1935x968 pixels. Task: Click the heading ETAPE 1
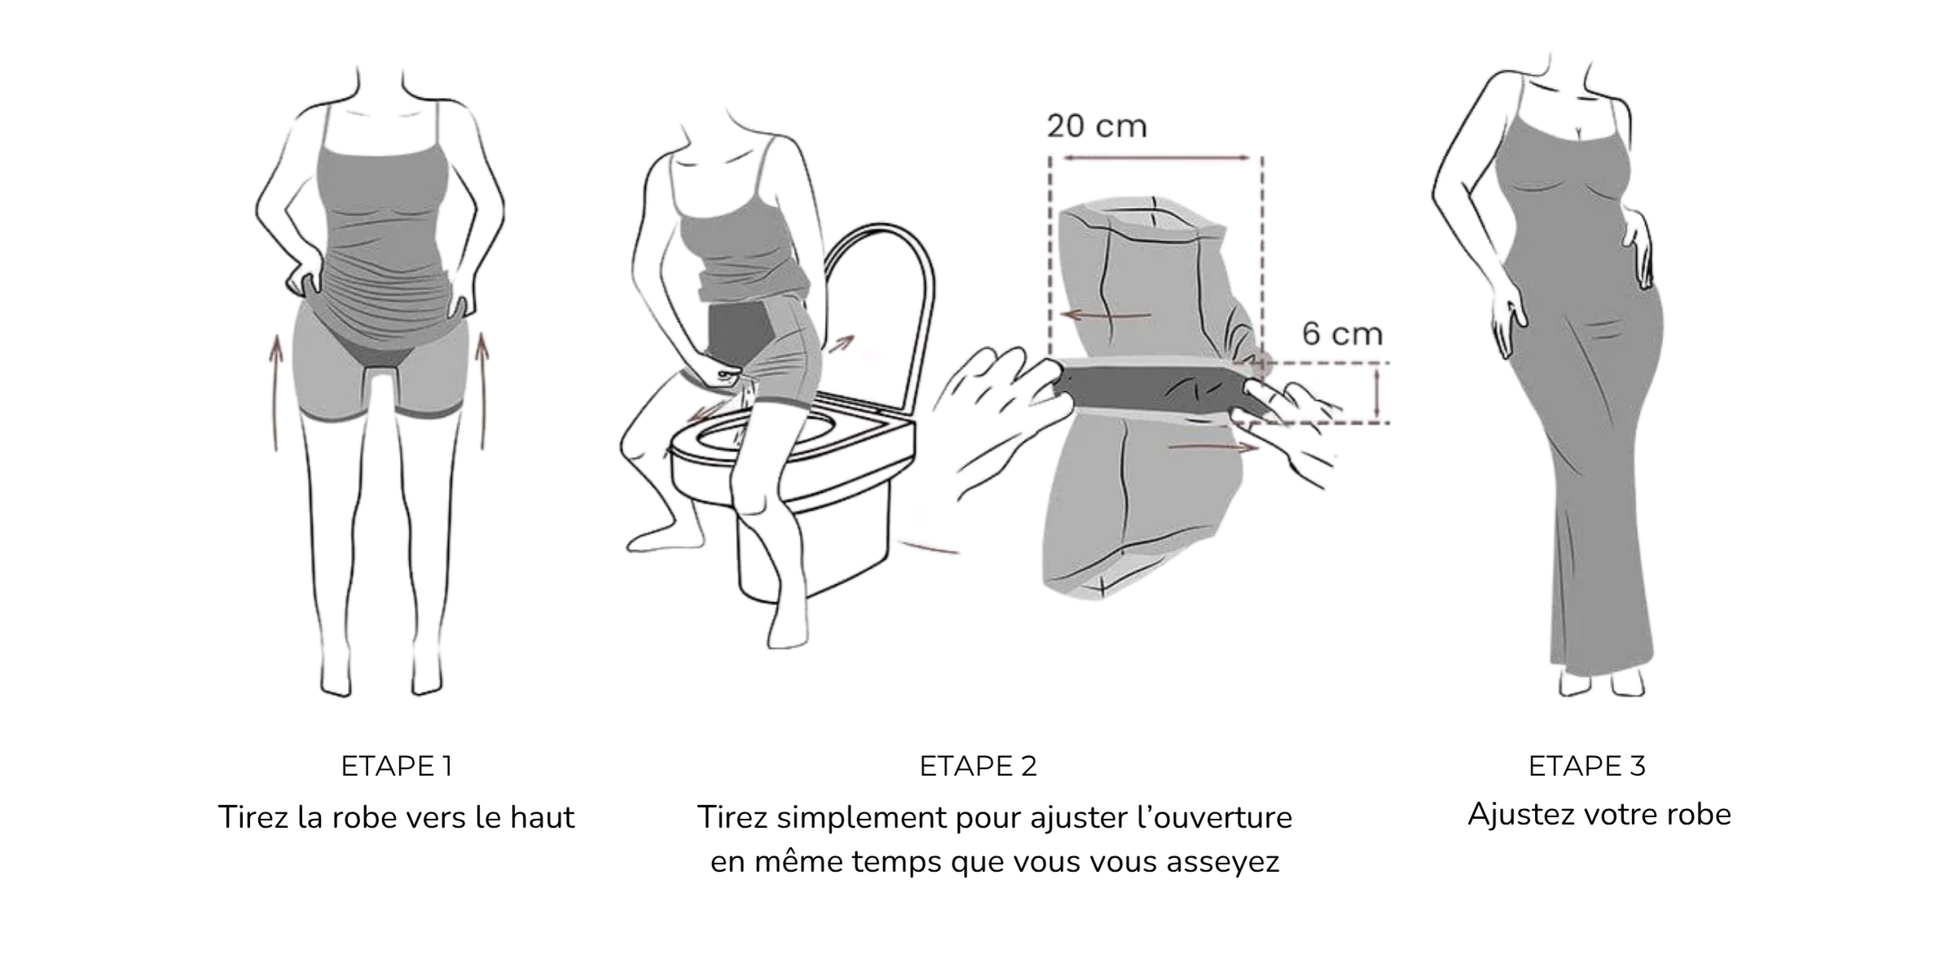click(x=396, y=766)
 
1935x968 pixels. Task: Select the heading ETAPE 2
click(x=978, y=766)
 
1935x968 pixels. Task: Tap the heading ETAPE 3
click(x=1586, y=766)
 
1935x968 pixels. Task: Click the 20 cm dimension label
click(x=1097, y=126)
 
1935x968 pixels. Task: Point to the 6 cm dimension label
click(x=1342, y=333)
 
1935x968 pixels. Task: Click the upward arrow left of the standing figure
click(x=276, y=393)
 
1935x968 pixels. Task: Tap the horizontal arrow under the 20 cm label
click(x=1156, y=157)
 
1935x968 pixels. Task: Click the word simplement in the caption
click(x=860, y=817)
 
